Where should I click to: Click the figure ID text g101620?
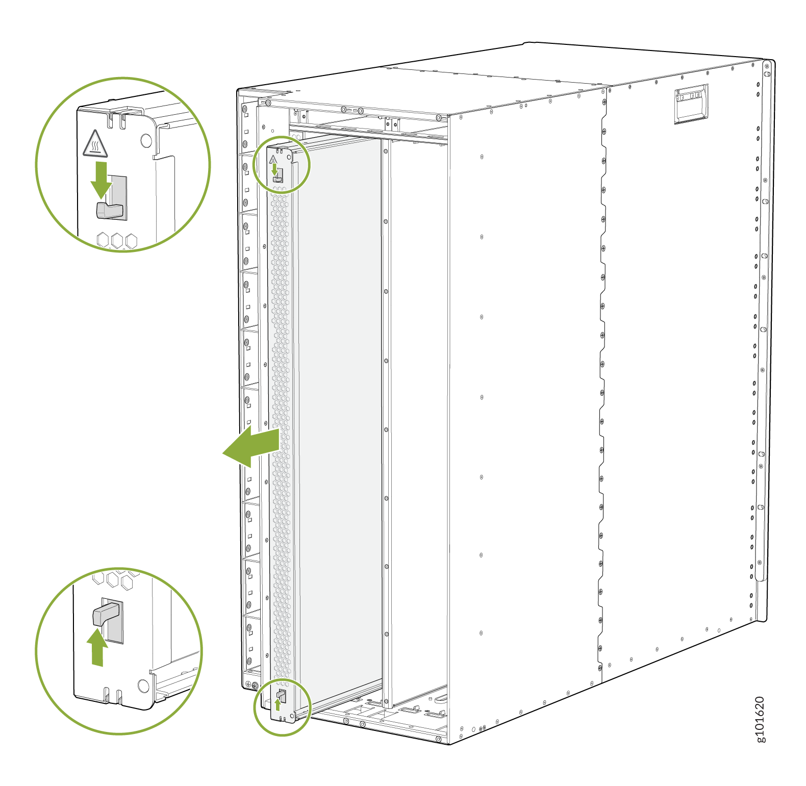click(760, 719)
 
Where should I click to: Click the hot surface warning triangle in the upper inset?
click(95, 143)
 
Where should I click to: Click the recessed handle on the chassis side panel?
click(691, 104)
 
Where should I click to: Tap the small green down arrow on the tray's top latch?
click(274, 169)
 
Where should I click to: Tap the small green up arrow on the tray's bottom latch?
click(278, 704)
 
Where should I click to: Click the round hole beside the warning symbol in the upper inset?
click(146, 140)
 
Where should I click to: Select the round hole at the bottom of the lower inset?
click(143, 686)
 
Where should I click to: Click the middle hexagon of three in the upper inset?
click(117, 241)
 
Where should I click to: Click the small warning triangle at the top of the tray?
click(273, 160)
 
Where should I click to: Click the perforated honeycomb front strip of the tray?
click(281, 434)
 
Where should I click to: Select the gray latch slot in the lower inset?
click(113, 621)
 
